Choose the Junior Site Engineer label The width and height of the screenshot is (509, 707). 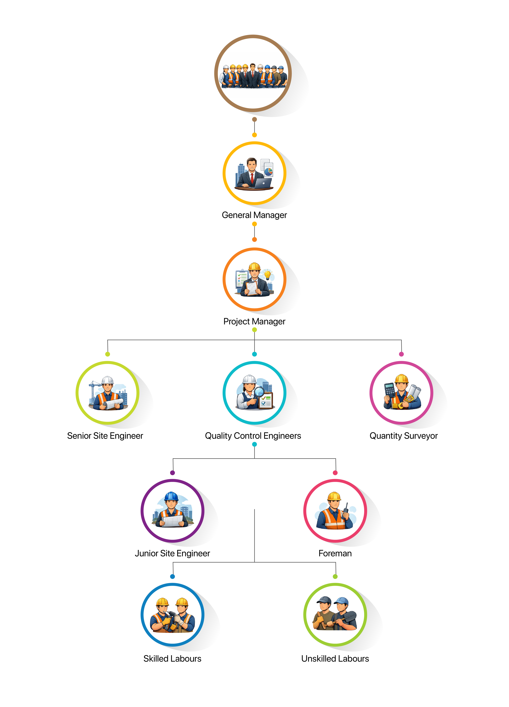172,553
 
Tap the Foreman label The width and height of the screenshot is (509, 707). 335,553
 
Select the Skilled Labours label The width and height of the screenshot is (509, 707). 172,659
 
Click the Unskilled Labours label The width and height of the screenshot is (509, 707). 335,659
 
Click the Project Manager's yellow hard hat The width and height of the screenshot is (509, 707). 254,267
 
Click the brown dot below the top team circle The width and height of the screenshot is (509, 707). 254,119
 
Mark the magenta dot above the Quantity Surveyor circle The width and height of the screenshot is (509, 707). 401,354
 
